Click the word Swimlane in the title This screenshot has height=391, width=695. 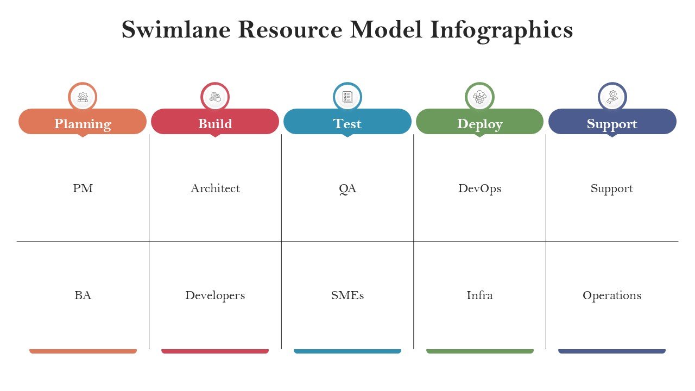(x=176, y=29)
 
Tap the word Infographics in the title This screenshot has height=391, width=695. (x=501, y=31)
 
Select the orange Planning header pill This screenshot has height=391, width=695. (x=83, y=122)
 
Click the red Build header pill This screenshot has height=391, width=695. (x=215, y=122)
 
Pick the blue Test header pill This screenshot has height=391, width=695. (x=347, y=122)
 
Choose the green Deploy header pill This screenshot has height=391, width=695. (x=479, y=122)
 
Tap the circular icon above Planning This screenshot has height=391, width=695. (x=83, y=97)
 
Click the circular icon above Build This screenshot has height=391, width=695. (x=215, y=97)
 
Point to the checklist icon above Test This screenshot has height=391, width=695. (x=347, y=97)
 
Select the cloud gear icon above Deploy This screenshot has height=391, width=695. (x=479, y=97)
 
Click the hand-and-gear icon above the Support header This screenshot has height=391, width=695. (x=612, y=97)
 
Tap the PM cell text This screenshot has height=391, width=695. (x=83, y=188)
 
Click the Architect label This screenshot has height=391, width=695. (x=216, y=188)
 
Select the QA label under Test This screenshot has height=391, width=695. (x=347, y=189)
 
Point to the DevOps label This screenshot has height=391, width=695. (x=479, y=189)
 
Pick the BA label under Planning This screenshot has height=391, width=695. (x=83, y=295)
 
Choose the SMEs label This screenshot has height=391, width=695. (x=347, y=295)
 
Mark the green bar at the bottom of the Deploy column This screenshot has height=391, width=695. (x=479, y=351)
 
